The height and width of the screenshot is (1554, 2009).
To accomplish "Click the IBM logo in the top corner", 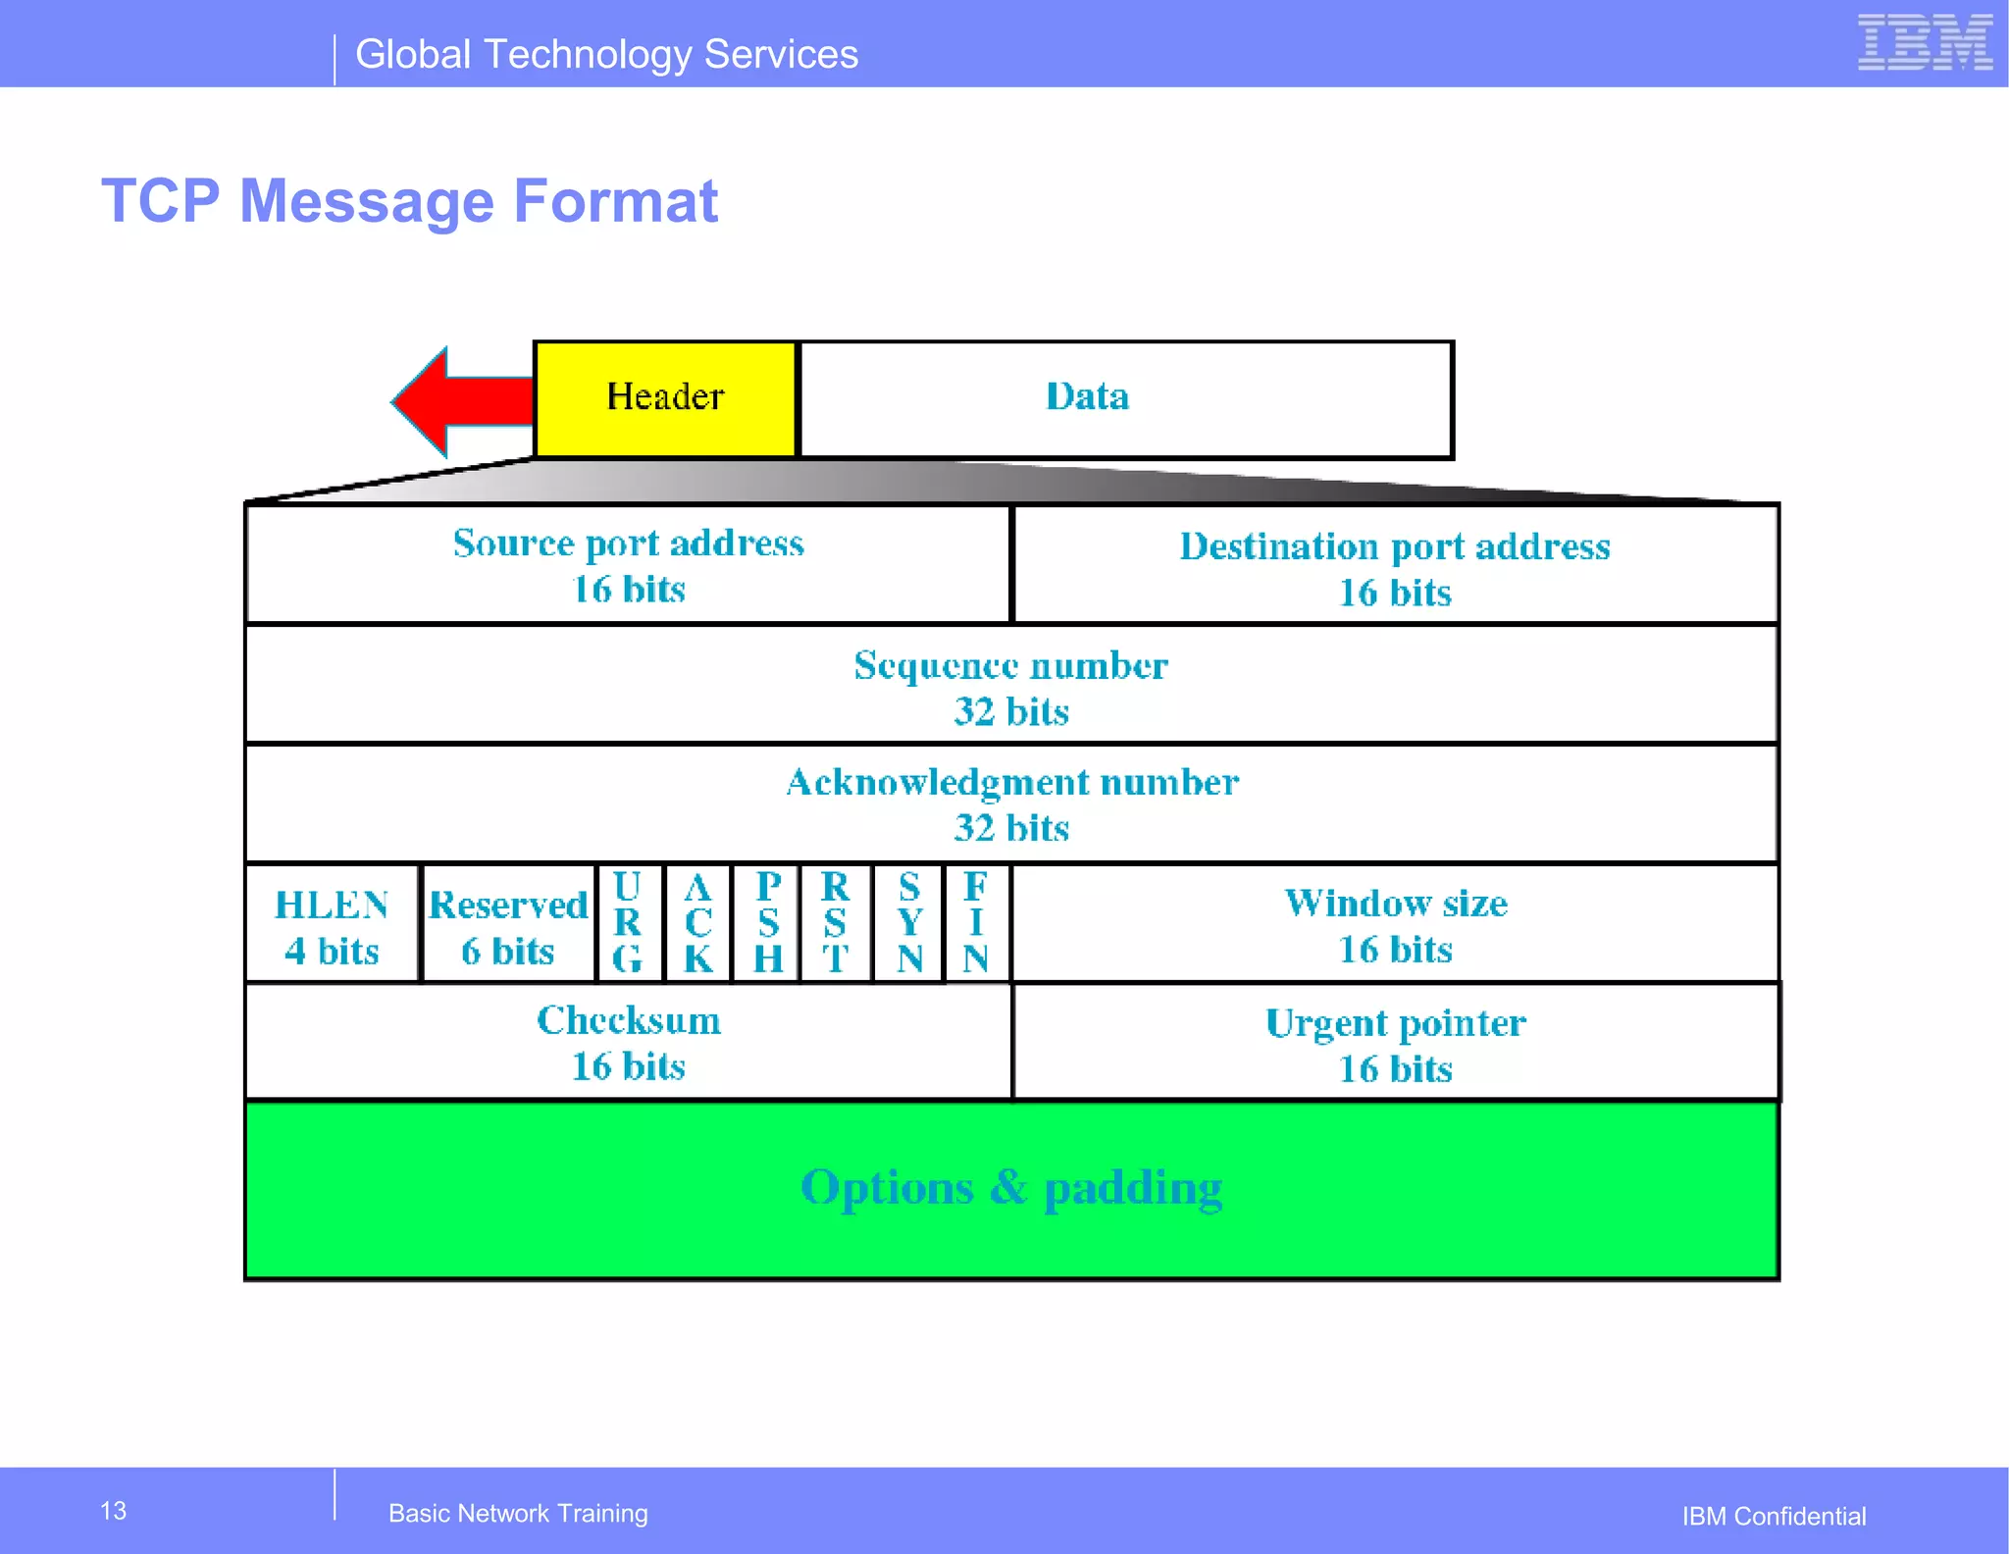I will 1924,43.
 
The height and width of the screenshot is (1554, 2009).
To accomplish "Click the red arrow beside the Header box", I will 459,401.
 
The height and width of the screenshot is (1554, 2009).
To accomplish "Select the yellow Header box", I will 665,398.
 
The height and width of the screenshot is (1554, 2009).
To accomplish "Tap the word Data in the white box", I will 1087,397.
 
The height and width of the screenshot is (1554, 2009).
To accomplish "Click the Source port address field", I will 628,565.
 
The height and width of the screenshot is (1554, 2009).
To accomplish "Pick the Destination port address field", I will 1394,567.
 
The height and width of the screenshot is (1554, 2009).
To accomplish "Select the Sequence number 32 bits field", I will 1010,687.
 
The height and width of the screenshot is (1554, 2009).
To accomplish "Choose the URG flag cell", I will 628,923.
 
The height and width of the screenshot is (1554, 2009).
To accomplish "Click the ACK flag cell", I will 697,923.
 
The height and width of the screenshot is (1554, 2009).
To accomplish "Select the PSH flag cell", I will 768,923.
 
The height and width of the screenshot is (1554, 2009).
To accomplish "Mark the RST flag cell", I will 835,923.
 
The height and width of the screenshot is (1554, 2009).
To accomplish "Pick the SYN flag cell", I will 909,923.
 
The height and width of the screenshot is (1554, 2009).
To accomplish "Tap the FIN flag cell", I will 975,923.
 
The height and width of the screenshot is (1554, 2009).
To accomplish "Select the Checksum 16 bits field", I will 628,1043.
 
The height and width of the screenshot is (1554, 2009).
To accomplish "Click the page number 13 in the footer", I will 114,1511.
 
